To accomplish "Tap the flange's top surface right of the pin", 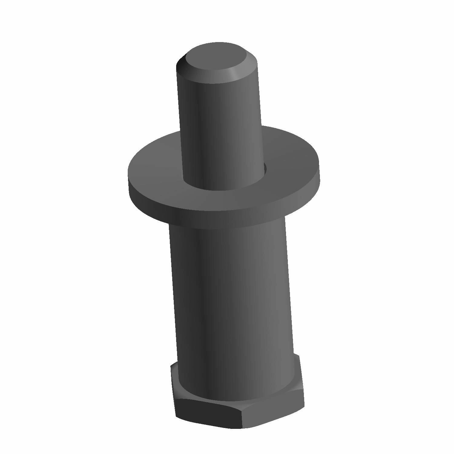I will coord(291,157).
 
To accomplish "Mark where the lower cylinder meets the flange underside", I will coord(227,225).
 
